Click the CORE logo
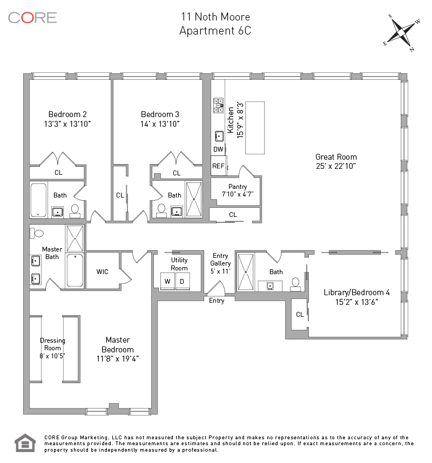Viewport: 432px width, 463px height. [x=32, y=18]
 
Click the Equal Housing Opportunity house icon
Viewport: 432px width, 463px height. [x=25, y=443]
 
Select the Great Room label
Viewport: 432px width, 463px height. [x=336, y=157]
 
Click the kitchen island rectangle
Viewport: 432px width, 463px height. [x=255, y=127]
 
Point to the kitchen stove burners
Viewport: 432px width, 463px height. [x=218, y=105]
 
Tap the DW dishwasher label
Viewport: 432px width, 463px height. [x=218, y=149]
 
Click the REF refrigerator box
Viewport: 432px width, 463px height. [x=219, y=166]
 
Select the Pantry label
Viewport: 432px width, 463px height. [x=238, y=187]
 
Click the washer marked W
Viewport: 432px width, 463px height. [x=167, y=281]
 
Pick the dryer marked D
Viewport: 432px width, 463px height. [x=183, y=281]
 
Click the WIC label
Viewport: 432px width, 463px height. [x=102, y=271]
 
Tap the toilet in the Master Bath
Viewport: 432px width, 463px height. [x=37, y=233]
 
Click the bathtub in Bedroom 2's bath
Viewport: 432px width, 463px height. [x=38, y=200]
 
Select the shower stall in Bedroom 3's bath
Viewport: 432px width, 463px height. [x=194, y=199]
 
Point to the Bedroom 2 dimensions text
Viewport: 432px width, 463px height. [x=67, y=124]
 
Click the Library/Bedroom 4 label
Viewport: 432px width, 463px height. [x=356, y=292]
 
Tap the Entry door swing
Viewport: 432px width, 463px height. [x=217, y=288]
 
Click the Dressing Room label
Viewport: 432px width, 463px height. [x=52, y=344]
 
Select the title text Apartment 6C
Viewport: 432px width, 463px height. [x=215, y=31]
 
